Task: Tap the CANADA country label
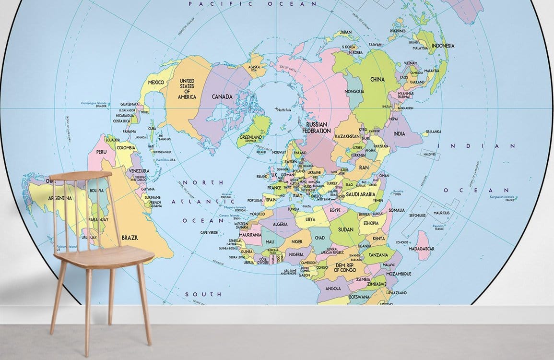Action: pos(222,96)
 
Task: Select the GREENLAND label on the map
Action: pos(250,137)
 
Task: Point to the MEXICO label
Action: pos(156,83)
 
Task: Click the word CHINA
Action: pos(377,79)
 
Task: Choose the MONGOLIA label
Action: pos(354,91)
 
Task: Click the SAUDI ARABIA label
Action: pos(360,194)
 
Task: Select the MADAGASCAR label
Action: pos(422,249)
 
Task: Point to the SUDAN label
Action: pos(345,229)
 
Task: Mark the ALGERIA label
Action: pos(280,224)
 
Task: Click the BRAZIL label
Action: pos(130,238)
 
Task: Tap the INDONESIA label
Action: pos(444,46)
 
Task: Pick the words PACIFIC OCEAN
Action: pos(253,4)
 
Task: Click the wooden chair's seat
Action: pos(103,254)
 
